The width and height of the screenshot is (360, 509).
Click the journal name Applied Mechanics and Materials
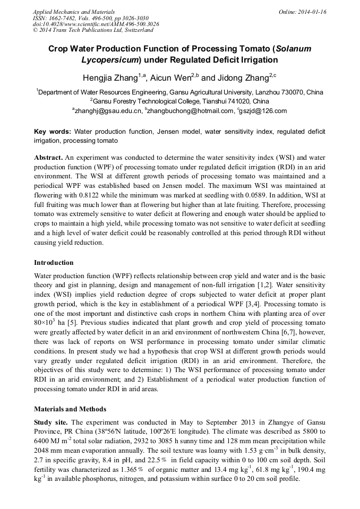pyautogui.click(x=74, y=12)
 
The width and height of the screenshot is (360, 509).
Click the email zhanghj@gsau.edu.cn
pyautogui.click(x=108, y=111)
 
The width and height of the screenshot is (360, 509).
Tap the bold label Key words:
pyautogui.click(x=52, y=132)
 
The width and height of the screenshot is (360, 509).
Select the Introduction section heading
pyautogui.click(x=54, y=263)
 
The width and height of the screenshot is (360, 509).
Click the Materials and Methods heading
pyautogui.click(x=70, y=409)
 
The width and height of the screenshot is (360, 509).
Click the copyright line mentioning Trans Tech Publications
pyautogui.click(x=93, y=31)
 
